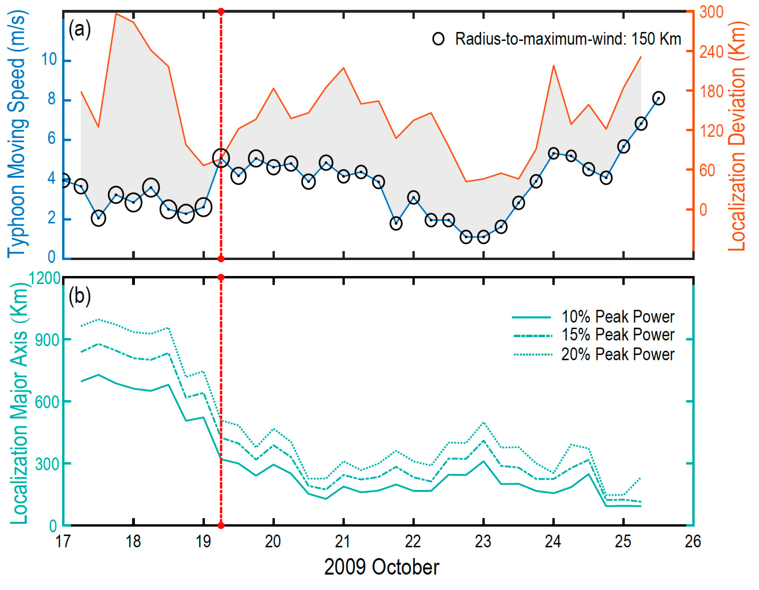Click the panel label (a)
click(x=79, y=29)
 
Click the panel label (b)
click(x=79, y=296)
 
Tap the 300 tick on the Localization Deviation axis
click(x=711, y=12)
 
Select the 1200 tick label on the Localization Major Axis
click(x=45, y=278)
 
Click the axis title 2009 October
click(x=381, y=567)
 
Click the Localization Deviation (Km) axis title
click(x=737, y=135)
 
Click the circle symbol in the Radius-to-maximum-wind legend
click(x=438, y=39)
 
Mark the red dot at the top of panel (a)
click(x=221, y=12)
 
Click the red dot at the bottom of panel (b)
click(x=221, y=525)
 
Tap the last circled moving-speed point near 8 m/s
click(x=658, y=98)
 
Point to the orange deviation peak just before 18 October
click(x=116, y=14)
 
